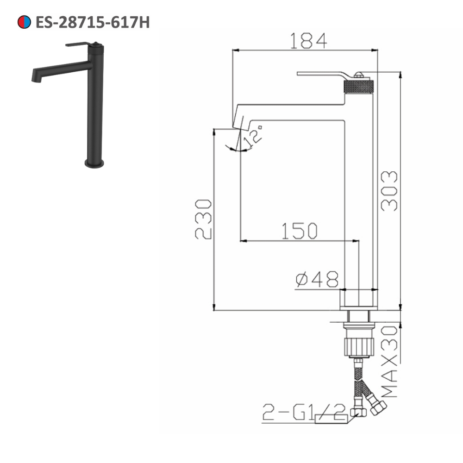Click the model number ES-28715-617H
tap(93, 22)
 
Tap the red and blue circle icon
tap(24, 22)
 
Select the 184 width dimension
tap(308, 41)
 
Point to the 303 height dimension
tap(389, 191)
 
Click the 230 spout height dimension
tap(203, 219)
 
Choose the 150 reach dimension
tap(300, 231)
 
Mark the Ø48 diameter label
tap(317, 279)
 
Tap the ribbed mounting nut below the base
tap(358, 345)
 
